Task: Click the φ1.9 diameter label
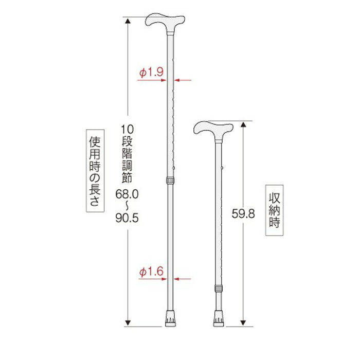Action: pyautogui.click(x=151, y=73)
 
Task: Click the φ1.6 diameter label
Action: pyautogui.click(x=151, y=272)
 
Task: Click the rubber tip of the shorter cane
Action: pyautogui.click(x=218, y=320)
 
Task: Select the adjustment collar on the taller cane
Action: pyautogui.click(x=170, y=181)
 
